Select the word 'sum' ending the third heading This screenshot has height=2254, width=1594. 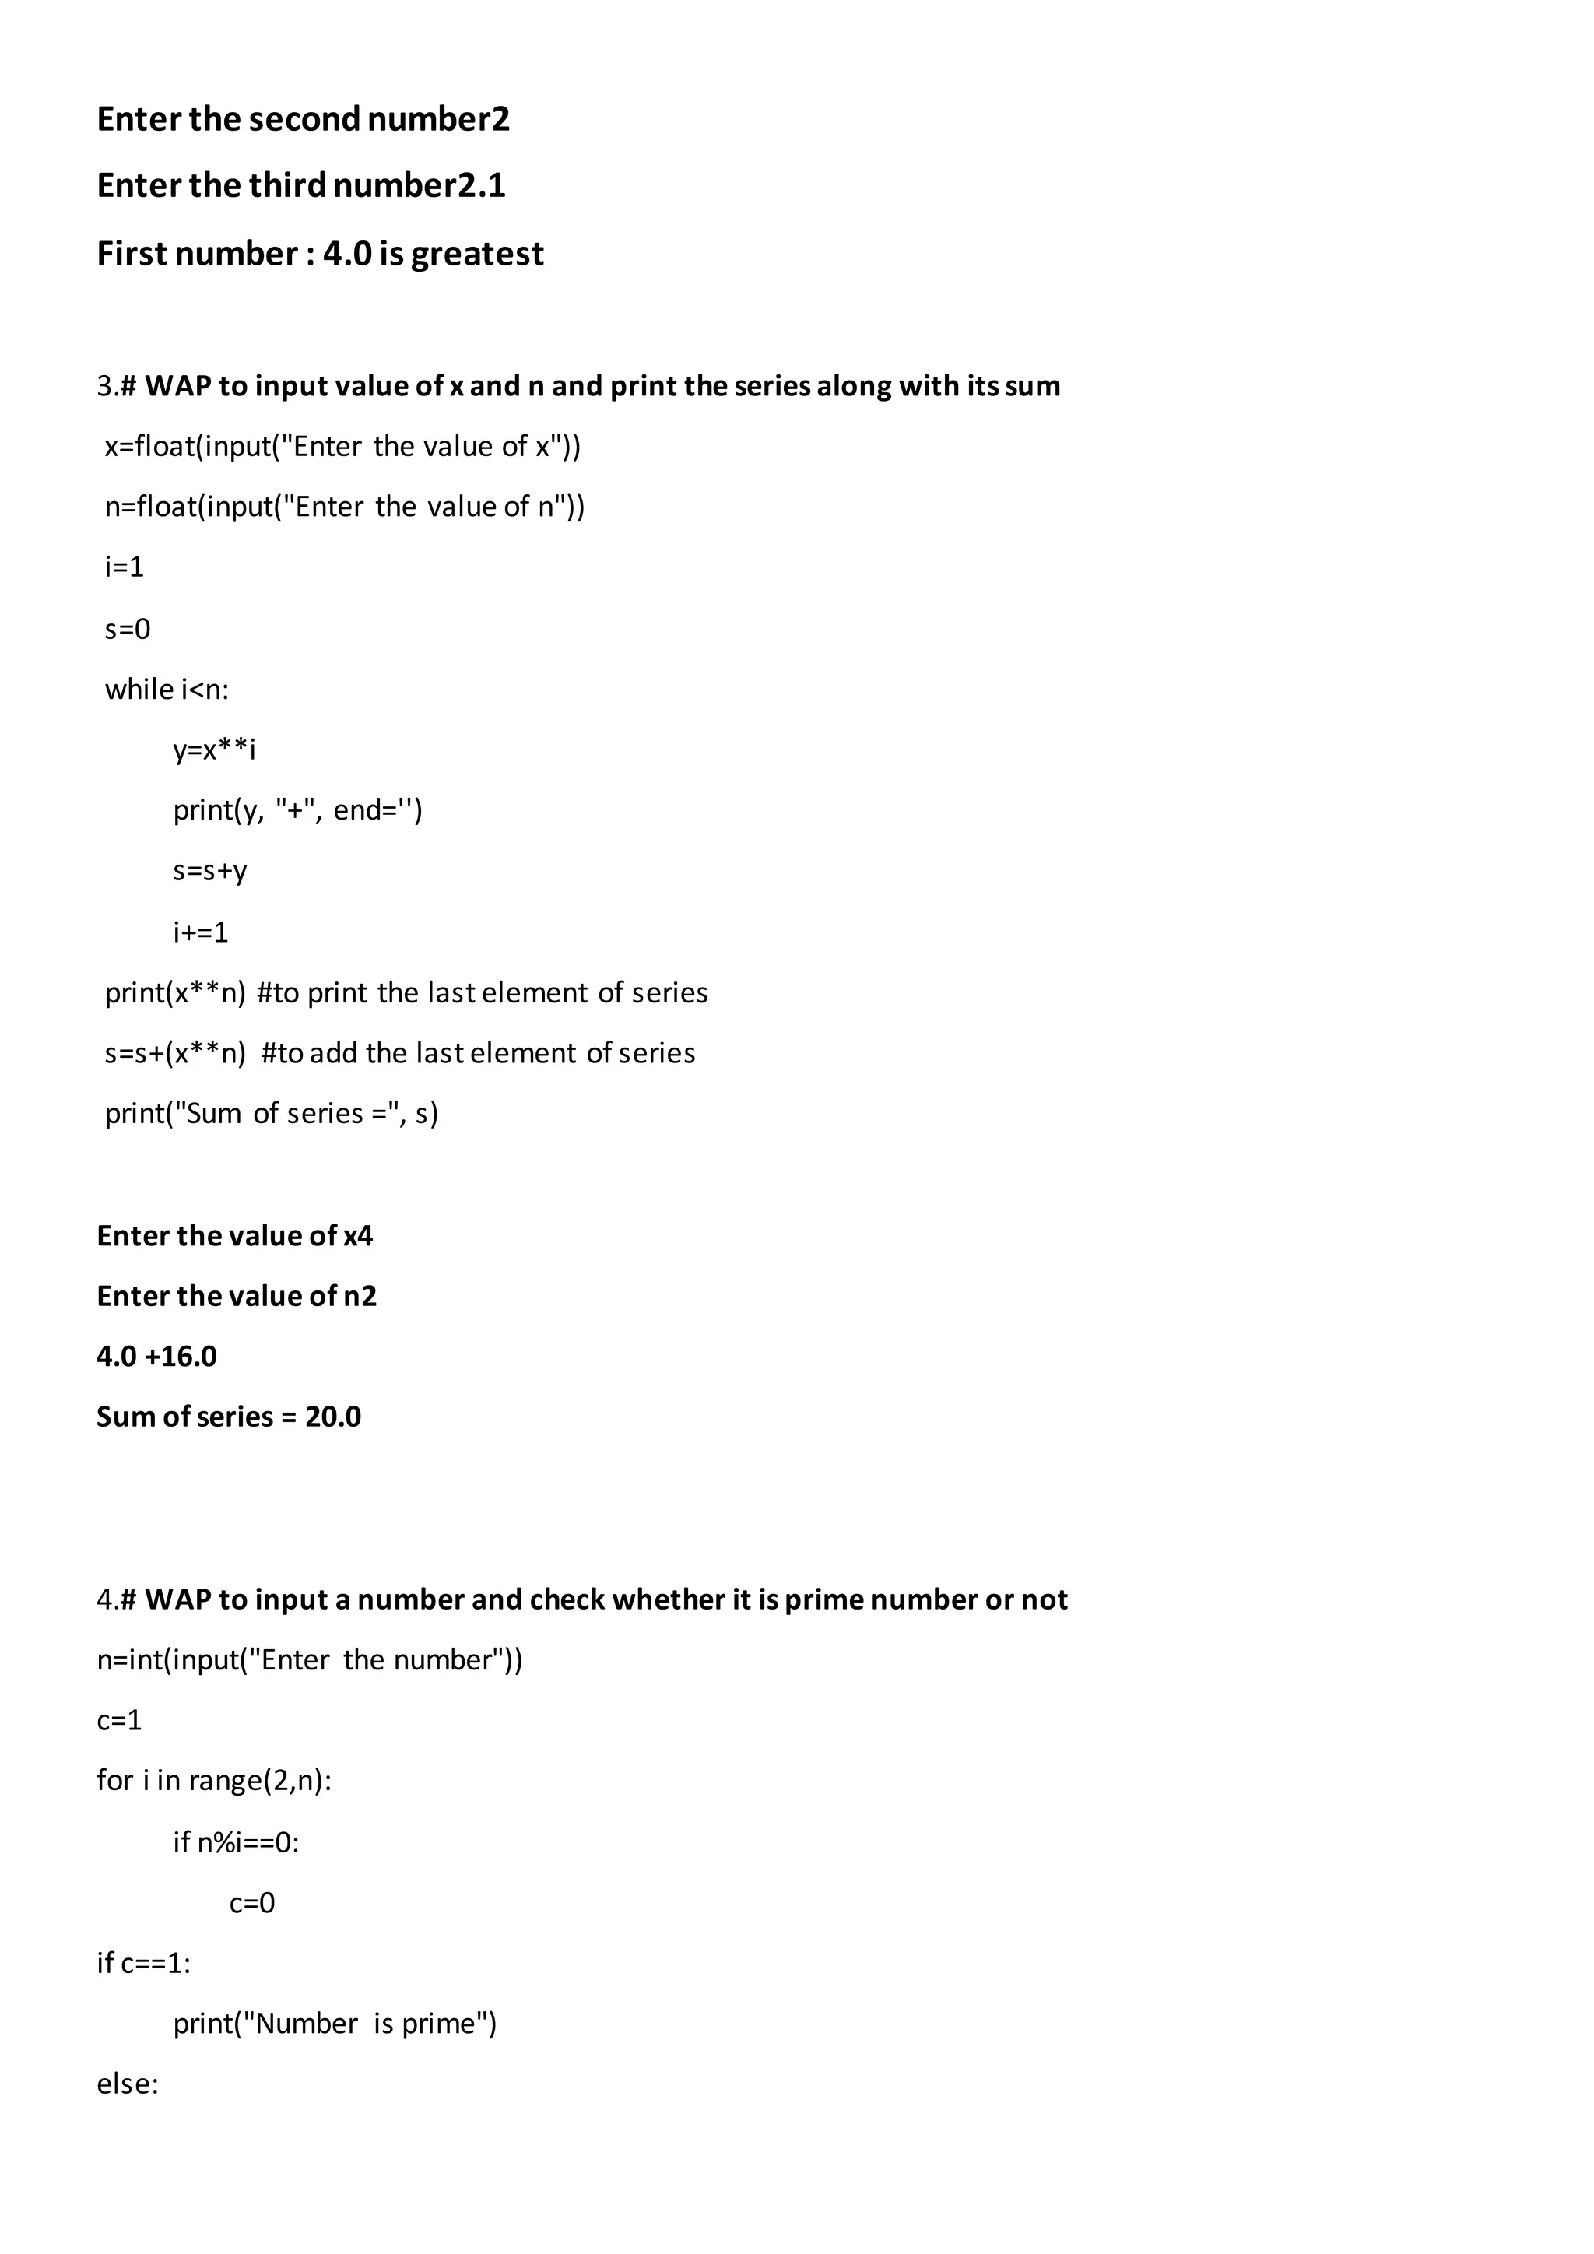1033,386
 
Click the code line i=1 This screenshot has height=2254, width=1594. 125,567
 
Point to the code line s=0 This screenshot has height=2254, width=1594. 128,628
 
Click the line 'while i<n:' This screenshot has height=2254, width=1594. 167,689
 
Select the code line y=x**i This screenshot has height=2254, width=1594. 214,750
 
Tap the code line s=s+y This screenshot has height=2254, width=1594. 210,871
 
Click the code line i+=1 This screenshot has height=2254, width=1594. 200,932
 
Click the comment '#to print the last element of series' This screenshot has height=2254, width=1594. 482,992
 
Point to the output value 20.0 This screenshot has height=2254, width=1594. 333,1417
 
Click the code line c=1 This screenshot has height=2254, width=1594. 119,1720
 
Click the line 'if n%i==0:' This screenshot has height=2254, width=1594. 236,1841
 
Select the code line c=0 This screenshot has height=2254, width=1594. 252,1902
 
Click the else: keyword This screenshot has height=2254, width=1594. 128,2084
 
